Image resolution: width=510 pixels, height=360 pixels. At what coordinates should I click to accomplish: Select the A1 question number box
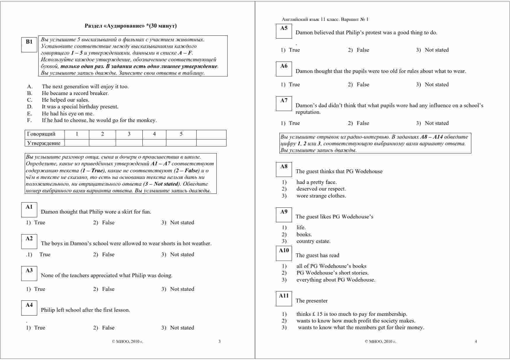pos(29,209)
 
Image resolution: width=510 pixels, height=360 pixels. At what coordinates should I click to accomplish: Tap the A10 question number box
pos(284,253)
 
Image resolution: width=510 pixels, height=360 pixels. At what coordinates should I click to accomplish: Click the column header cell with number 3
pos(129,134)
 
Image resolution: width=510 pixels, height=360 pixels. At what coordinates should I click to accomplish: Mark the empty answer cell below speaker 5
pos(181,143)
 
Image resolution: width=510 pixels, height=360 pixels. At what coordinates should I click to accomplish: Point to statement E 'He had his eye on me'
pos(67,114)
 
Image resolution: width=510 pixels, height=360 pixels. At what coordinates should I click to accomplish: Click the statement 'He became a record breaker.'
pos(75,93)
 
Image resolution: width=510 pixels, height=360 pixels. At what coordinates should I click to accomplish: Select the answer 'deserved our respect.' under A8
pos(321,189)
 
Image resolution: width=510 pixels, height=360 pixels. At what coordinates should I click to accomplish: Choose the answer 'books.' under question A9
pos(304,234)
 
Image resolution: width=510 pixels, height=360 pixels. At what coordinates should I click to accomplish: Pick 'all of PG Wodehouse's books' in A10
pos(331,266)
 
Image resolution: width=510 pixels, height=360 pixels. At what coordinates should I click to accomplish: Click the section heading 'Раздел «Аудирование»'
pos(131,26)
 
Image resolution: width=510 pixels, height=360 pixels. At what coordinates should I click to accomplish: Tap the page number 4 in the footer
pos(476,341)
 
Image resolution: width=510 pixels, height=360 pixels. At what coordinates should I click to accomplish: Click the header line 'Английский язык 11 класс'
pos(325,19)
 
